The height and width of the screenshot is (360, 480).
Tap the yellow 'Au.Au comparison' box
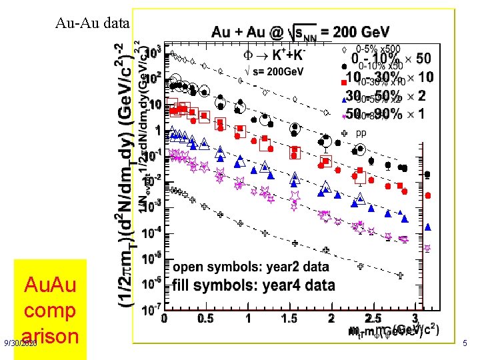(x=50, y=310)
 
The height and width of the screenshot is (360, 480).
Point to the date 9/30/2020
(x=21, y=343)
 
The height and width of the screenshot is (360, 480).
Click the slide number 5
(x=465, y=343)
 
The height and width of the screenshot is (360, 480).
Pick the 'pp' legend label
(x=361, y=133)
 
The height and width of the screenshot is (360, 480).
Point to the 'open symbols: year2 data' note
(x=251, y=267)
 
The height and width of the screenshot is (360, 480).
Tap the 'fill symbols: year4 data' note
(x=253, y=285)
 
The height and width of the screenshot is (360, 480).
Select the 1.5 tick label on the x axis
(x=289, y=318)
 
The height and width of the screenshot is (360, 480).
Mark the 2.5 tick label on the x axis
(x=373, y=318)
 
